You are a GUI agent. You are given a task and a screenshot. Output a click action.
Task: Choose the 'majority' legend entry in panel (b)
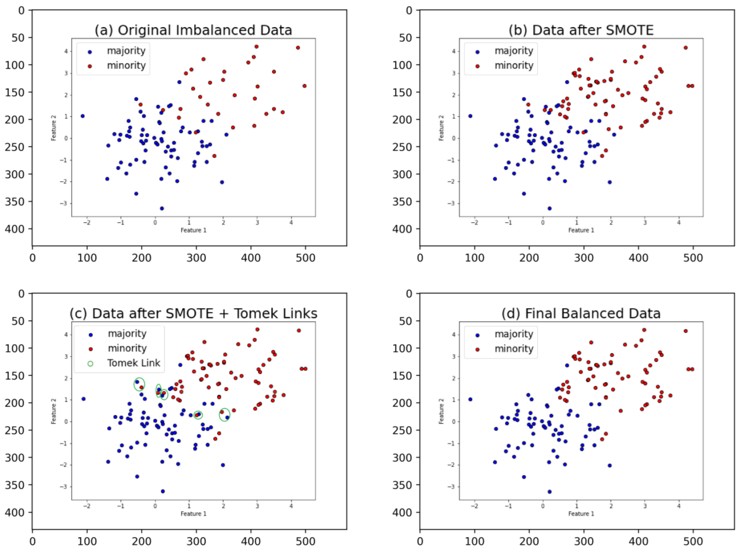[514, 51]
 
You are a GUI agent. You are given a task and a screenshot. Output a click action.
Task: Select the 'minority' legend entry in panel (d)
[514, 349]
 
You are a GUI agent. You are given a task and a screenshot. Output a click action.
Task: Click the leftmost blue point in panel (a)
[82, 116]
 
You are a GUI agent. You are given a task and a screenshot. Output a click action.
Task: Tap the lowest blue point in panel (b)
[549, 209]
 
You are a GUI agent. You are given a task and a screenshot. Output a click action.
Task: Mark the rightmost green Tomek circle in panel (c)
[225, 414]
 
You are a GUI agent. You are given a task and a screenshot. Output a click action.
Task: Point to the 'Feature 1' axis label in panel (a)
[193, 230]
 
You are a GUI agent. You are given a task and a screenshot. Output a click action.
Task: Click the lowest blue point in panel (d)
[549, 492]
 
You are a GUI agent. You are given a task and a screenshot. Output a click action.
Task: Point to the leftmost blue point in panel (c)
[84, 399]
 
